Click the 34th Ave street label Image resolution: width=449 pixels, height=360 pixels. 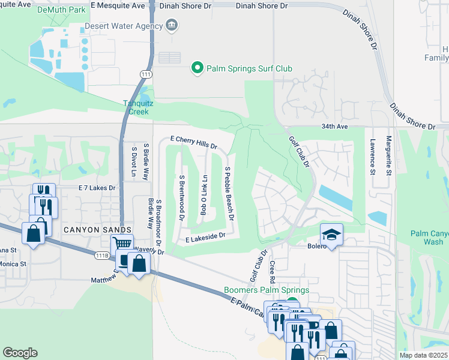[x=351, y=127]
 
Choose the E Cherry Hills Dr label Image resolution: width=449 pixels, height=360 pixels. [x=193, y=142]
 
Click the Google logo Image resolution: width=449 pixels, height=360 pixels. [x=20, y=353]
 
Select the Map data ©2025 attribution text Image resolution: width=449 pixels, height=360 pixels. [x=423, y=355]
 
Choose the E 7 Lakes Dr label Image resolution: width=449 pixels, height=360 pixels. [x=97, y=188]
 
